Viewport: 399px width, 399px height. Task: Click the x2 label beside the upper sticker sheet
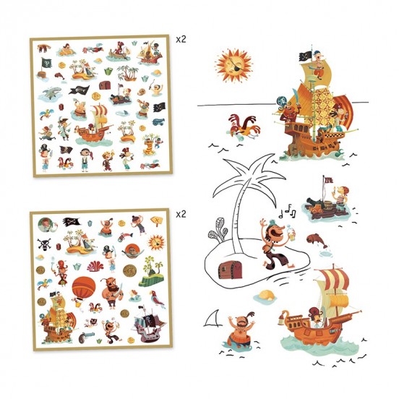[181, 40]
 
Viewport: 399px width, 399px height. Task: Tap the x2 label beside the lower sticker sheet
[181, 214]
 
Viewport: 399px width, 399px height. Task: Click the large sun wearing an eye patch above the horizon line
[233, 65]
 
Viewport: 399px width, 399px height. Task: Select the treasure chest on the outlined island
[230, 270]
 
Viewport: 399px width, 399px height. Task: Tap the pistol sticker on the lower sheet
[85, 337]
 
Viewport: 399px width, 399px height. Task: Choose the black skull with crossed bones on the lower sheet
[44, 244]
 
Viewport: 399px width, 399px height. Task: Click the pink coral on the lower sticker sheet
[95, 266]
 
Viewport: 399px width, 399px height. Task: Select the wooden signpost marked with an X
[156, 220]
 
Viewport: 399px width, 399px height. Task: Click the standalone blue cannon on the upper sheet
[158, 122]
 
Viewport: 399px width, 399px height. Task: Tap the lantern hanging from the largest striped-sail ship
[281, 318]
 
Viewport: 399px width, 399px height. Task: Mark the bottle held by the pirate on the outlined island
[290, 231]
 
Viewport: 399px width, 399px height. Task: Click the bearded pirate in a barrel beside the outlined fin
[241, 331]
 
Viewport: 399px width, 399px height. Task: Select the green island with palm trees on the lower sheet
[150, 271]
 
